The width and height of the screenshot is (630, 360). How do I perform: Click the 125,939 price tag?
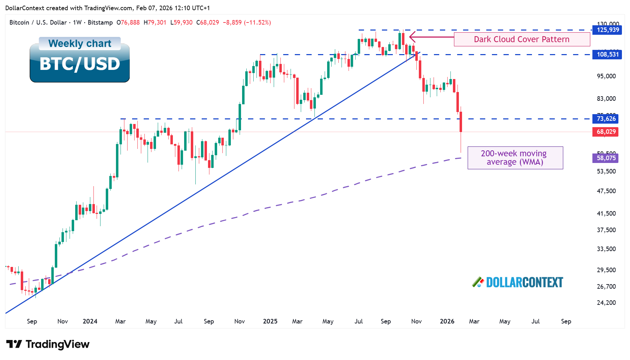coord(607,30)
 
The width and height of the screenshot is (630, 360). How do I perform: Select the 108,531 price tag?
coord(607,54)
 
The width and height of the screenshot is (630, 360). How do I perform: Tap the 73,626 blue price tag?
coord(605,119)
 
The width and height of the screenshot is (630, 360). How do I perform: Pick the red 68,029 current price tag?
coord(605,132)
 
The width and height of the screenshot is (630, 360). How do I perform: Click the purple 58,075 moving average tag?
coord(605,158)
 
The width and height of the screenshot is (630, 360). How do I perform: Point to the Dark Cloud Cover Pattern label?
coord(521,39)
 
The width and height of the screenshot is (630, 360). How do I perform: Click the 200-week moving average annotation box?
coord(515,158)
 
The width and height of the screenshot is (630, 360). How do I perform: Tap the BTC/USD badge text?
coord(80,64)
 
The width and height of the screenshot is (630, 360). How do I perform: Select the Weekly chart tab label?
coord(80,44)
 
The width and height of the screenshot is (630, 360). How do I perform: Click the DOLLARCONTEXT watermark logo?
coord(518,282)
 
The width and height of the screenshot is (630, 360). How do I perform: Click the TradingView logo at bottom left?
coord(48,344)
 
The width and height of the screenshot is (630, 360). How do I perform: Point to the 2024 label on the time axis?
coord(90,321)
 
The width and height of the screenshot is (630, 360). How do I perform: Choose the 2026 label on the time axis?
coord(447,321)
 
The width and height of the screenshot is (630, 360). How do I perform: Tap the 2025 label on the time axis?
coord(270,321)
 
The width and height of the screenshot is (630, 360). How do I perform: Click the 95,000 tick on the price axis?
coord(606,76)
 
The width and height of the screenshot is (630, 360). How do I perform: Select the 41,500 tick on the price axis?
coord(606,214)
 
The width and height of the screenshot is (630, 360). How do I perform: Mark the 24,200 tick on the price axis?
coord(606,303)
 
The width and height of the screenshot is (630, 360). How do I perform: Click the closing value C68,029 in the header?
coord(208,22)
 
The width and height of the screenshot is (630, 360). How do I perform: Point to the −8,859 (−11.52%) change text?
coord(247,22)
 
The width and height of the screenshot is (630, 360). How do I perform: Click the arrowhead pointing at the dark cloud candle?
coord(412,37)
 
